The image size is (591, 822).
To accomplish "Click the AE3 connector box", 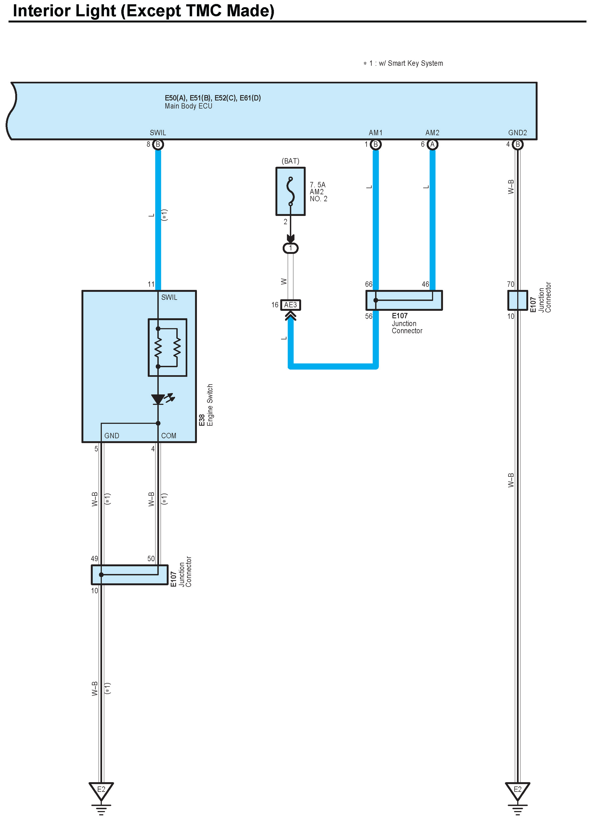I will click(x=290, y=305).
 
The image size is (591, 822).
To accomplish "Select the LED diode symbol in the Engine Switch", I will click(x=158, y=399).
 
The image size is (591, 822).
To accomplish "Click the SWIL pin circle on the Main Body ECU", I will click(x=158, y=144).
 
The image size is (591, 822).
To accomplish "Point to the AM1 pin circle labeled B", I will click(x=376, y=144).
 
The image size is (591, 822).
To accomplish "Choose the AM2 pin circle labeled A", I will click(x=432, y=144).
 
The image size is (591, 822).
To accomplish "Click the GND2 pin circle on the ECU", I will click(x=518, y=144).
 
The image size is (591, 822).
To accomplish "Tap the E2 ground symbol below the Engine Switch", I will click(x=101, y=791).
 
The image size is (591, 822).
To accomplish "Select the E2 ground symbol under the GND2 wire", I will click(x=518, y=791).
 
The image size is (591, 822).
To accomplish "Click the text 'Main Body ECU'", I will click(x=188, y=106).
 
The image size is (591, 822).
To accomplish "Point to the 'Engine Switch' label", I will click(x=210, y=405).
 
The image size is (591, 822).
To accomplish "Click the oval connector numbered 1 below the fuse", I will click(x=290, y=248).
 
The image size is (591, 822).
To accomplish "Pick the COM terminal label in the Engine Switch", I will click(x=168, y=436).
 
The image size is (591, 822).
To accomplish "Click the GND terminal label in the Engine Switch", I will click(x=112, y=436).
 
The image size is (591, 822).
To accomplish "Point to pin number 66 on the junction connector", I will click(x=369, y=284).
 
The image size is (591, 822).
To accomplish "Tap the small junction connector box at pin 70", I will click(x=518, y=300).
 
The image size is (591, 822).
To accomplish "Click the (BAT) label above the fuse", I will click(x=290, y=161).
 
